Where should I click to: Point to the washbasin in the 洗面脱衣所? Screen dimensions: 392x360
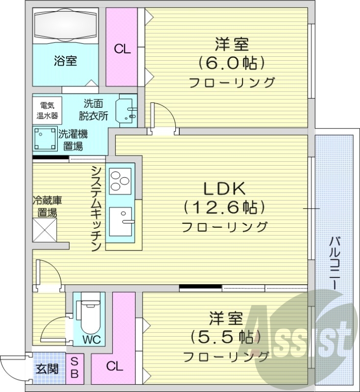click(x=126, y=111)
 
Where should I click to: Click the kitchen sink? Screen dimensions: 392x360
click(x=122, y=221)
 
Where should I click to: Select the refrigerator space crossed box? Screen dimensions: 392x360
click(x=45, y=229)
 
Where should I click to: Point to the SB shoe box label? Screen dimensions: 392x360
click(x=74, y=368)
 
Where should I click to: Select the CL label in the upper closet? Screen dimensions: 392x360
click(x=122, y=49)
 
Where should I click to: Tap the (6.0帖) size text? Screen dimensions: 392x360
click(x=231, y=63)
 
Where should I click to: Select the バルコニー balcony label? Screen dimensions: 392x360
click(x=336, y=262)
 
